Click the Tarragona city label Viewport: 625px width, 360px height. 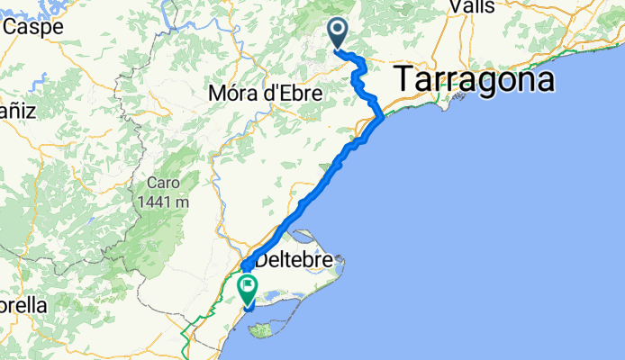(x=474, y=80)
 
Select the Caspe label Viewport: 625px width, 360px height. (x=32, y=27)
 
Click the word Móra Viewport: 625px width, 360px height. (x=232, y=93)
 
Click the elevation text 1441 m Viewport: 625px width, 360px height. (x=163, y=202)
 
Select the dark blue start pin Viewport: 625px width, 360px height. (x=339, y=34)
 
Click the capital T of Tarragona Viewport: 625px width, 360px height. (x=403, y=80)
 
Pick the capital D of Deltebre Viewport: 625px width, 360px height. (x=262, y=263)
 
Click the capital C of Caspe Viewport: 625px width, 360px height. (x=11, y=27)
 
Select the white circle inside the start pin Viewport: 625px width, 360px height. (x=339, y=31)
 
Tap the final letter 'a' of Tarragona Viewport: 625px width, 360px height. (x=543, y=82)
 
